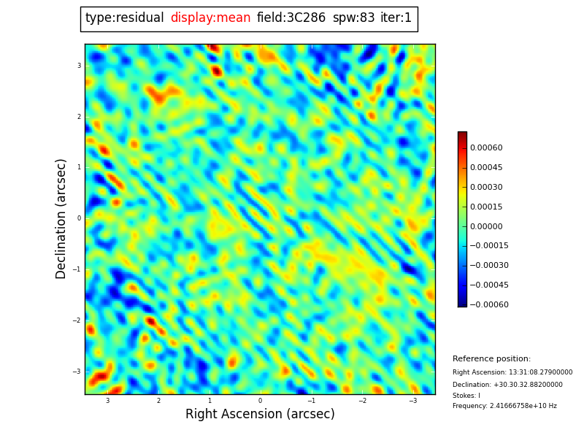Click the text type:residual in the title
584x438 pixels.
(124, 18)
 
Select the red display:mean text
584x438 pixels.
(210, 18)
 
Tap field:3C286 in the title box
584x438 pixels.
(291, 18)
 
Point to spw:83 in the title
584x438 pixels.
(353, 18)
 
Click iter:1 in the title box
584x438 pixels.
(396, 18)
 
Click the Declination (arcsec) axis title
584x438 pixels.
(61, 218)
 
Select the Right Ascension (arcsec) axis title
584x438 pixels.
(260, 415)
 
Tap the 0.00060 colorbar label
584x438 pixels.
(486, 148)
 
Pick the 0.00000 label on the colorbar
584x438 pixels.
(486, 226)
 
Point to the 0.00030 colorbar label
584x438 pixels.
(486, 188)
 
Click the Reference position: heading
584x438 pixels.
(491, 359)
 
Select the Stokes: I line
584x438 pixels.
(466, 396)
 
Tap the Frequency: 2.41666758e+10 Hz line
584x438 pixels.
(504, 406)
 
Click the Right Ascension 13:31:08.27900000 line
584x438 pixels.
(512, 372)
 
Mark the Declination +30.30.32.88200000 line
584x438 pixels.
(507, 385)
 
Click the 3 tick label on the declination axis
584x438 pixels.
(79, 66)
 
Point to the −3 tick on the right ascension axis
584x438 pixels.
(412, 401)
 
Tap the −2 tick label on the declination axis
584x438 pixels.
(77, 320)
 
